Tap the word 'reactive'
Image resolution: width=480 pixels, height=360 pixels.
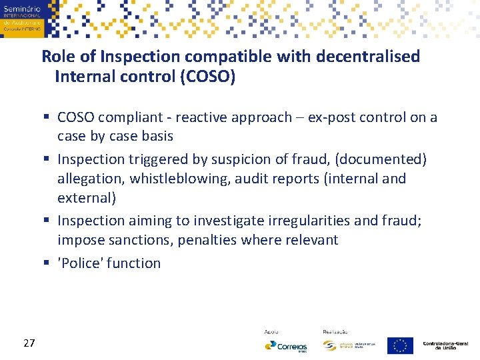[203, 118]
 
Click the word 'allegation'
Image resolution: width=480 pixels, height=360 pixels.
[90, 179]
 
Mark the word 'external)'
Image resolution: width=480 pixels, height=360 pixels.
[86, 198]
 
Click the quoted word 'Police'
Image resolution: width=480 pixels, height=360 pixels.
[80, 263]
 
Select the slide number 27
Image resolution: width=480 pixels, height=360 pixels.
[29, 343]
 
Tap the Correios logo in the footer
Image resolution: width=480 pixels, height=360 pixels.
[286, 345]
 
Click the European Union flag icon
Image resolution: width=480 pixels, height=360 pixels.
[400, 345]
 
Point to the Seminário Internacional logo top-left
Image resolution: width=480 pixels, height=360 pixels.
[22, 18]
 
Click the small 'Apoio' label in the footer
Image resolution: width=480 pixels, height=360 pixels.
[271, 331]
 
